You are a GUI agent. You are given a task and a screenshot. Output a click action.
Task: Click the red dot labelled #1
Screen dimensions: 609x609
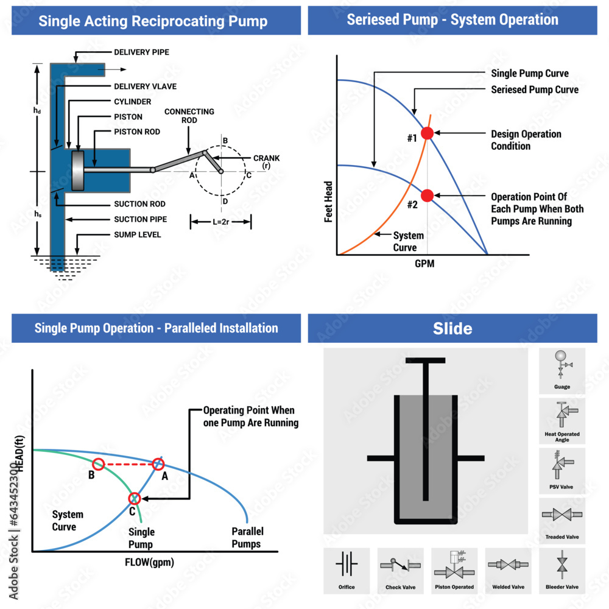[x=428, y=133]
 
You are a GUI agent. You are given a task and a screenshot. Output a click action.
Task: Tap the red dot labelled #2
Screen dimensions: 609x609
[x=428, y=195]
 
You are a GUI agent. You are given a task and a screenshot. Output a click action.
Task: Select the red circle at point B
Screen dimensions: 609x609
[x=98, y=463]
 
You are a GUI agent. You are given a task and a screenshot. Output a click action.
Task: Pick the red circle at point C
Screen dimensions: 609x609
[x=135, y=498]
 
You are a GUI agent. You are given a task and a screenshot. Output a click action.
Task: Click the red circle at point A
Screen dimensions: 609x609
[x=158, y=463]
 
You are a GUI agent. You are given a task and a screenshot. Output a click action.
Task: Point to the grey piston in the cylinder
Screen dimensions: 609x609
[x=78, y=171]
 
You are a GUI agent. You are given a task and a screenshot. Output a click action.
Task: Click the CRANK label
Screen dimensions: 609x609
[x=267, y=158]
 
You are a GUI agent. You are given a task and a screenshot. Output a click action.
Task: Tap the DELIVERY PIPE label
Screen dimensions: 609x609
[x=141, y=52]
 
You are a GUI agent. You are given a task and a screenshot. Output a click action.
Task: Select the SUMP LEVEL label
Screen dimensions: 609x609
[x=138, y=234]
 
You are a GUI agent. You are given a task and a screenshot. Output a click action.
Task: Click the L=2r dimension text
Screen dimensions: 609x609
[x=220, y=222]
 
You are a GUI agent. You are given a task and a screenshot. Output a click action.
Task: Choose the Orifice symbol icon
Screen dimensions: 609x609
[x=347, y=563]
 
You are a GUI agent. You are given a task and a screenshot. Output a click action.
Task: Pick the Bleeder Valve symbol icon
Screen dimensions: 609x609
[x=562, y=565]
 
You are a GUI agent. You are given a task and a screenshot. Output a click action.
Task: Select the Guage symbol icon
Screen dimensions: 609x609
[x=562, y=364]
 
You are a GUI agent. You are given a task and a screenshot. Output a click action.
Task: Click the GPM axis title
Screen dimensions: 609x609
[x=424, y=264]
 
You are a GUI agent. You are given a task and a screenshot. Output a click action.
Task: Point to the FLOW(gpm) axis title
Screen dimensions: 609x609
[x=150, y=562]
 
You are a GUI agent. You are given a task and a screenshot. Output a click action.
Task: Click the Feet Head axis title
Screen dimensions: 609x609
[x=329, y=202]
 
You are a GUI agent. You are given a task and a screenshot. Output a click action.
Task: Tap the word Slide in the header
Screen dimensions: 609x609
[x=452, y=329]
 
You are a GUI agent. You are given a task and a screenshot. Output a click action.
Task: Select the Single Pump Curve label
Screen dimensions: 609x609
[x=530, y=74]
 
